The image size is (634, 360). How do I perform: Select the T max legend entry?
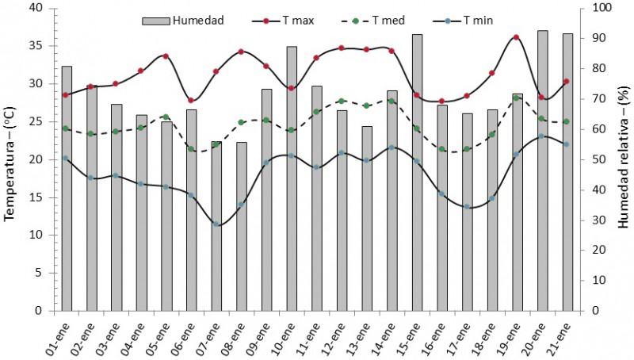(281, 20)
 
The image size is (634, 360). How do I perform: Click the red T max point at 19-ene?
(517, 37)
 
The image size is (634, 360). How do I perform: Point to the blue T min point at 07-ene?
(216, 224)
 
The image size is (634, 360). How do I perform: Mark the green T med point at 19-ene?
(517, 98)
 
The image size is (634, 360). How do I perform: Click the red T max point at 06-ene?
(191, 100)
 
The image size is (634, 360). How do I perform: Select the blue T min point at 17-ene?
(467, 207)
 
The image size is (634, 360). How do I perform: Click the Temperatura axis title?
(12, 159)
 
